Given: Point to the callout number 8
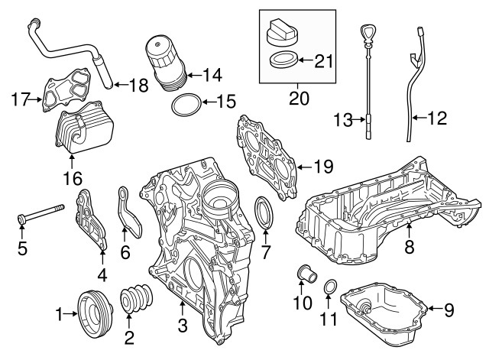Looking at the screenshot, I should pos(409,247).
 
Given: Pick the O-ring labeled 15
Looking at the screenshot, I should pos(186,104).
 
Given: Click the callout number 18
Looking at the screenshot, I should pos(138,86).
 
